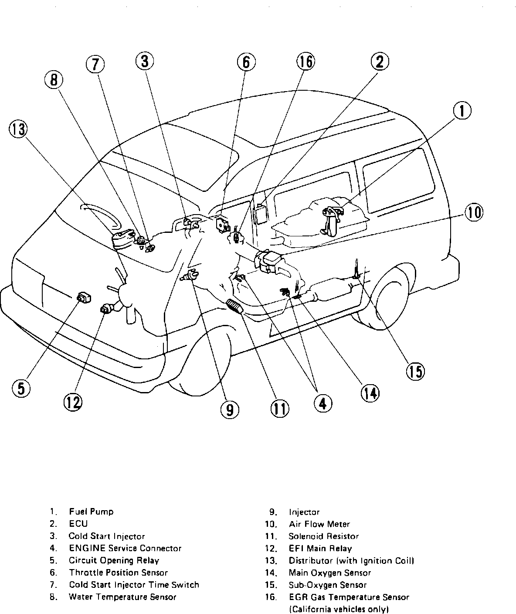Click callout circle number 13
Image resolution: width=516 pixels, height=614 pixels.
tap(18, 130)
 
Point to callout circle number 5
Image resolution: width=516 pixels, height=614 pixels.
tap(21, 388)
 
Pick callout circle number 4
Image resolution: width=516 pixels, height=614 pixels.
tap(322, 403)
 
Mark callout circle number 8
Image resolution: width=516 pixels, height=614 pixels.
tap(54, 80)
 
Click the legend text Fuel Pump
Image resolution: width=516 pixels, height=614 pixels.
tap(91, 512)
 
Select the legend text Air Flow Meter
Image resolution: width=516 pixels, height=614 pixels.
tap(319, 524)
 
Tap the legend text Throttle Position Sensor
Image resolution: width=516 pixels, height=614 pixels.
tap(118, 573)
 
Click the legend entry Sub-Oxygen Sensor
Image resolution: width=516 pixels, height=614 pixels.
tap(327, 585)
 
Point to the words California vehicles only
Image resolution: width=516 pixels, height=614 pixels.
tap(339, 609)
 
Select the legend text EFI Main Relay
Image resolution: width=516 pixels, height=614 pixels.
tap(320, 548)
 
